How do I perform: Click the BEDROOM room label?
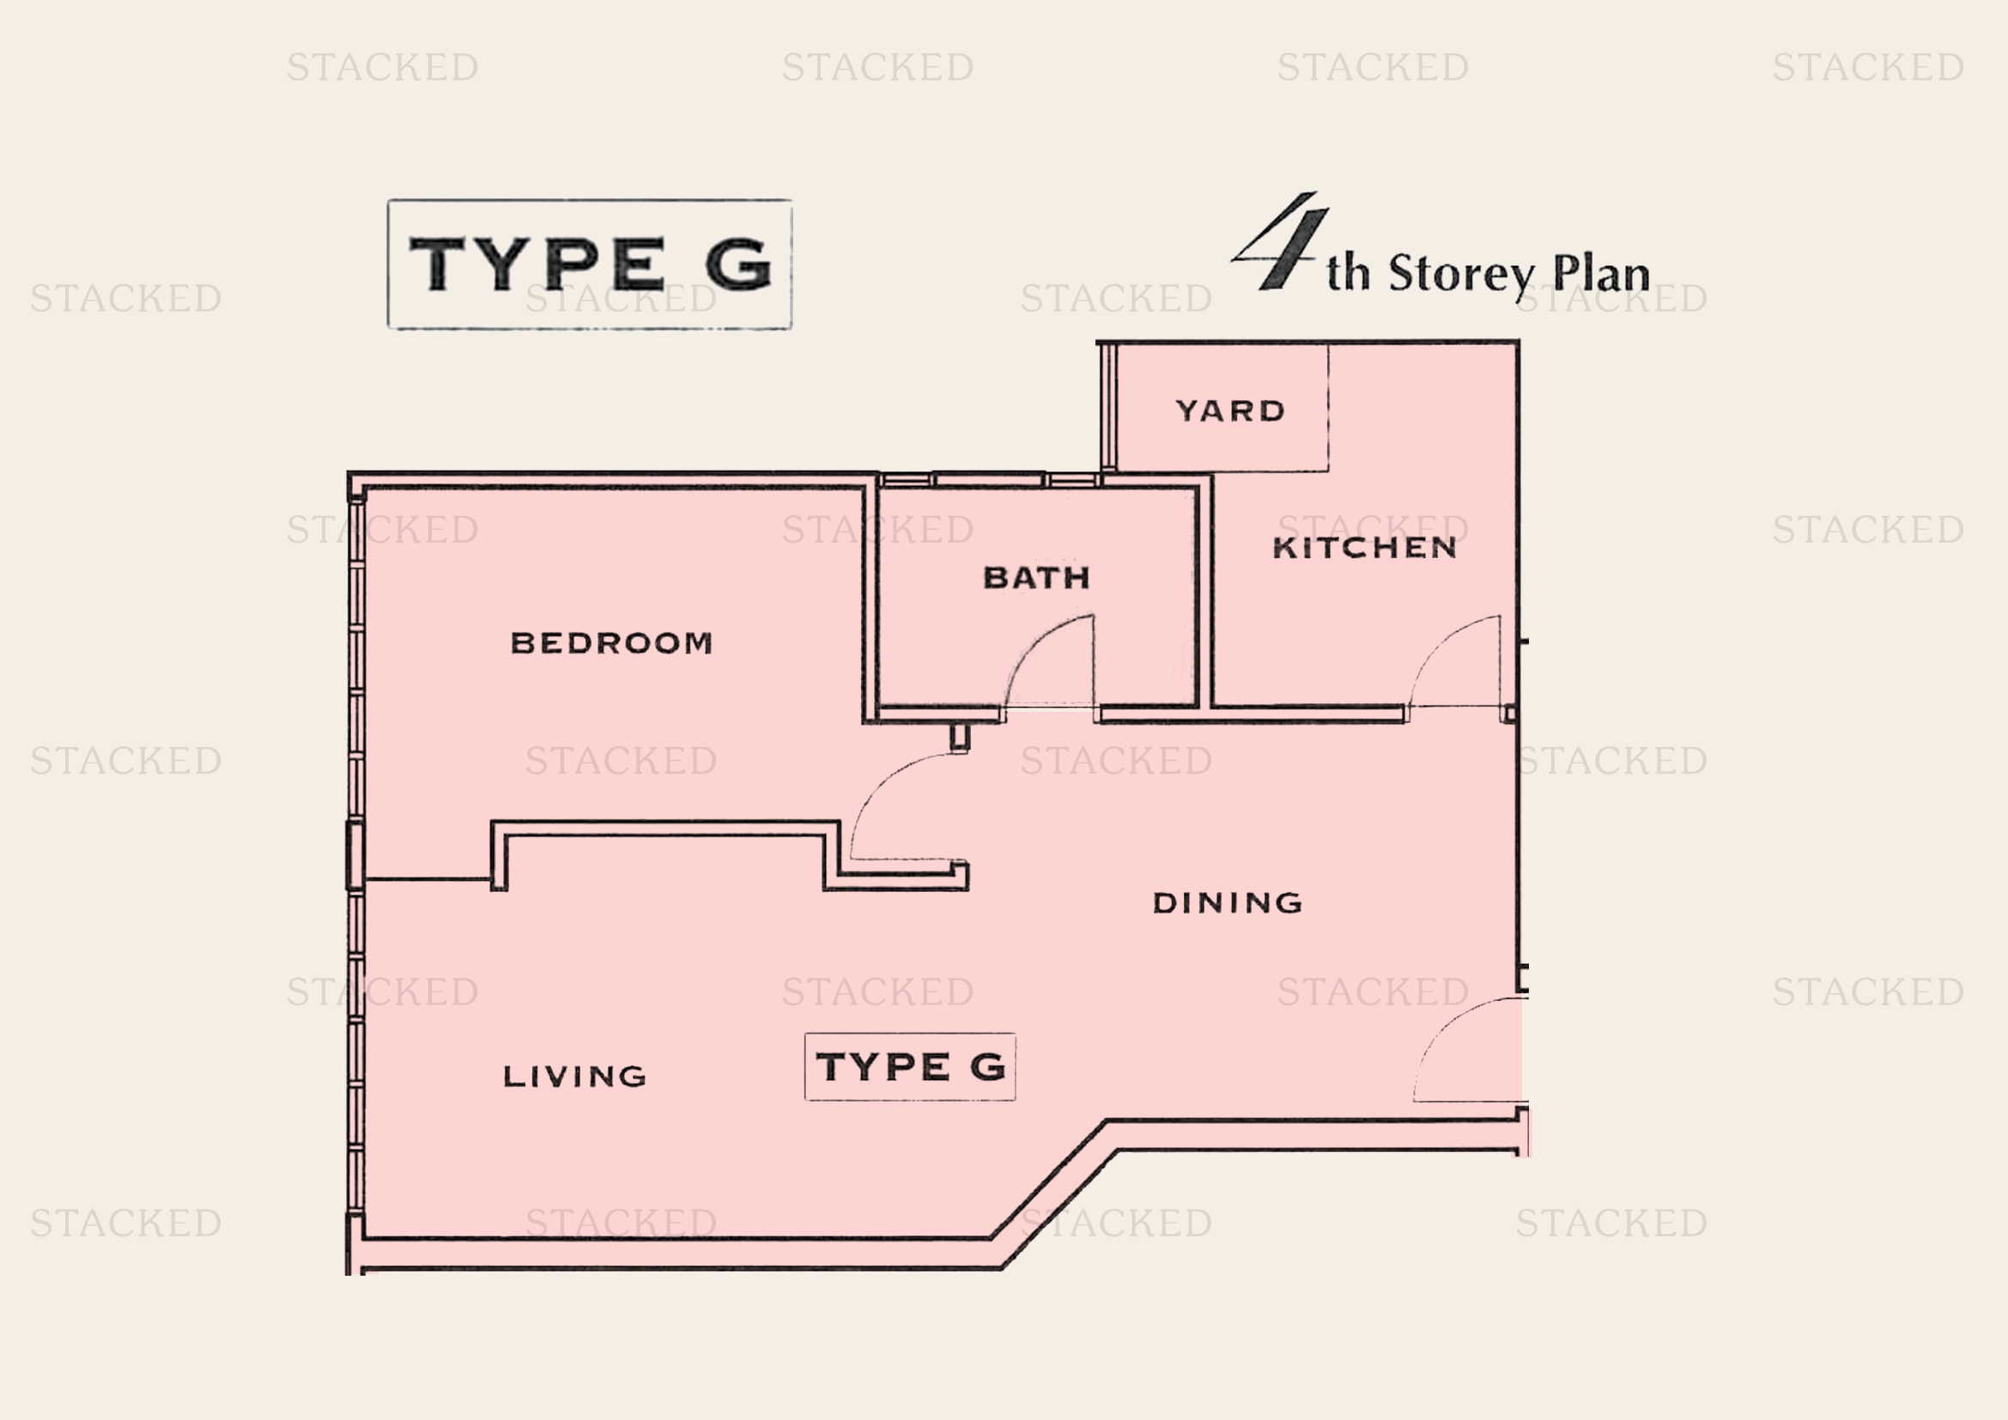click(x=611, y=644)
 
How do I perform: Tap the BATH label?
click(x=1036, y=578)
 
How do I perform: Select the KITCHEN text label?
click(x=1364, y=549)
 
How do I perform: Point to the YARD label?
click(x=1229, y=411)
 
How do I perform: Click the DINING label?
click(x=1227, y=903)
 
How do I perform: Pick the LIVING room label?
click(x=574, y=1077)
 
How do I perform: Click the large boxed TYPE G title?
click(x=591, y=264)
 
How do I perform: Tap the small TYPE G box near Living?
click(x=909, y=1067)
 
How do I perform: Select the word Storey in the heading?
click(x=1460, y=275)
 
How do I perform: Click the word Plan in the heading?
click(x=1600, y=275)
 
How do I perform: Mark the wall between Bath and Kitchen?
click(x=1204, y=595)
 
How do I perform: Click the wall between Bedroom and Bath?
click(x=871, y=604)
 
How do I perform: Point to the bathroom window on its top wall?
click(x=989, y=479)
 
